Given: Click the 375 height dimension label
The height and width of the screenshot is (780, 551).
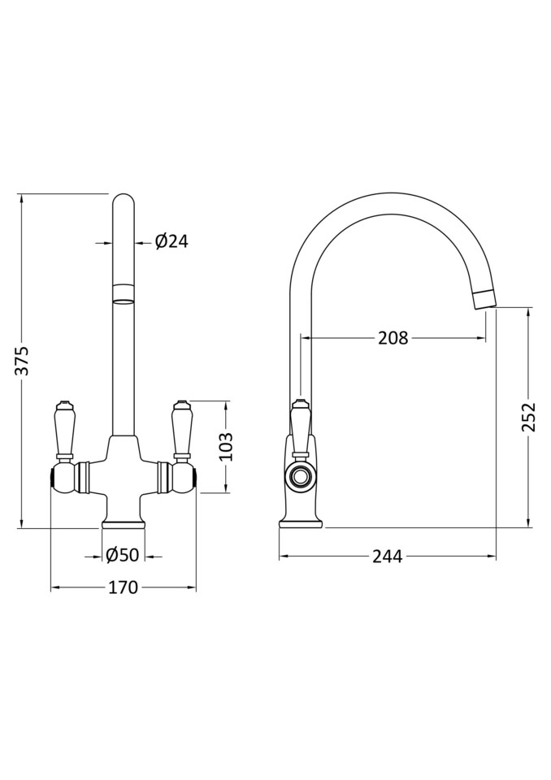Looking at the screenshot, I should [x=24, y=360].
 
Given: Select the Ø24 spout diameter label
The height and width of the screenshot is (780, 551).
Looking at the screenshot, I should [x=171, y=241].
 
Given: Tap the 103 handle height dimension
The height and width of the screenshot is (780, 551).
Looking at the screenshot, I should [x=227, y=446].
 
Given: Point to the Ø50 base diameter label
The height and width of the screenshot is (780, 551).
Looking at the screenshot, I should [x=123, y=555].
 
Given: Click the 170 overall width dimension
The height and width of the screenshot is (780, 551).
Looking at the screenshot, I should [x=123, y=587].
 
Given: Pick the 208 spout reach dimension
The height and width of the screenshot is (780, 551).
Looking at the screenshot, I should [x=393, y=338].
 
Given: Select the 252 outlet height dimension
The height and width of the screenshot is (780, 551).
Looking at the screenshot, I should [x=529, y=418].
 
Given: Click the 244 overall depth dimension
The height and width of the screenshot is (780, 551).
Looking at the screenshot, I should [x=388, y=557].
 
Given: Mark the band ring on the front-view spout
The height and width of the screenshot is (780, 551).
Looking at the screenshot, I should [x=123, y=292].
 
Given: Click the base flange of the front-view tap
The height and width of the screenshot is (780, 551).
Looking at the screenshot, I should [x=123, y=521].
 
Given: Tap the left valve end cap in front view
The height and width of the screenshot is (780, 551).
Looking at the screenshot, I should [x=55, y=477].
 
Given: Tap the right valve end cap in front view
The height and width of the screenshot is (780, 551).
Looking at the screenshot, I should [x=191, y=477].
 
